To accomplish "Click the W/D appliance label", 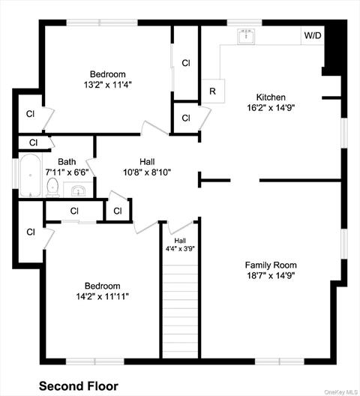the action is (313, 35).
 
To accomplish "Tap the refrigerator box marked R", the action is (213, 91).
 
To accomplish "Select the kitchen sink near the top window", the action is (246, 37).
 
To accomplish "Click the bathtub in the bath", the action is (30, 175).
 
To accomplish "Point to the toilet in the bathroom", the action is (52, 187).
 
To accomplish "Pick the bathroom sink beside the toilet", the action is (78, 190).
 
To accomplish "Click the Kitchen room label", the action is (271, 97).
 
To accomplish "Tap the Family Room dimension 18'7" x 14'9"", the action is (271, 275).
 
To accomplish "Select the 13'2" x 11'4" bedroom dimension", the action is (108, 85).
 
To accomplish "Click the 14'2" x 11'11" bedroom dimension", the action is (103, 296).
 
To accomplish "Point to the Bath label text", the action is (67, 162).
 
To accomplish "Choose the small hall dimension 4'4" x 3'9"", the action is (180, 249).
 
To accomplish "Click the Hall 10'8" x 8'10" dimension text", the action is (147, 172).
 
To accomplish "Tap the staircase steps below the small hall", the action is (180, 311).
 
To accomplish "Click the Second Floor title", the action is (79, 386).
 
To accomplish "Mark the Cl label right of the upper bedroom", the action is (186, 63).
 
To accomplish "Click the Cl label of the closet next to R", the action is (186, 118).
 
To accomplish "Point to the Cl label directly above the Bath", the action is (33, 142).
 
